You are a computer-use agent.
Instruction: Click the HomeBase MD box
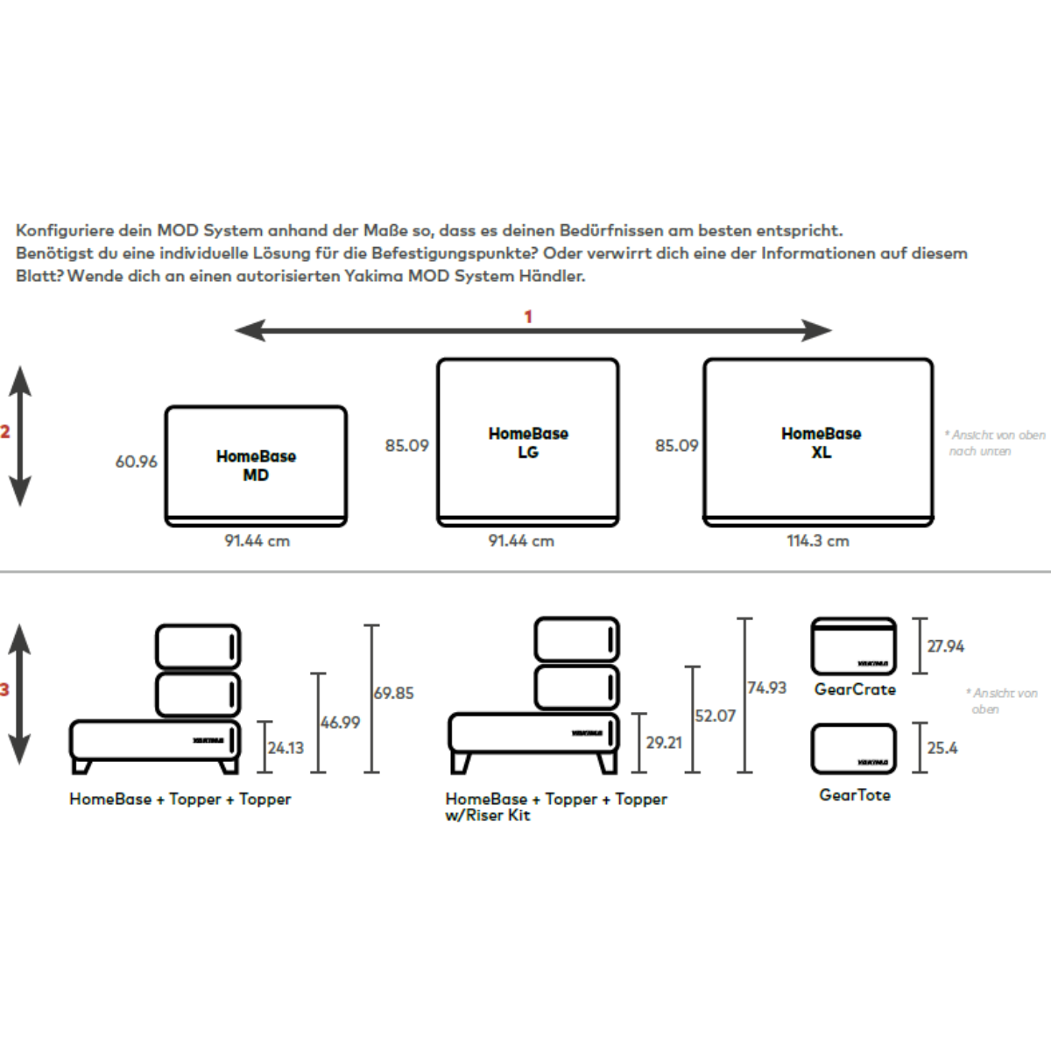tap(256, 465)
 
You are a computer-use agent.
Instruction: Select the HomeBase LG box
tap(528, 441)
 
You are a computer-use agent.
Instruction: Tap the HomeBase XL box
tap(819, 441)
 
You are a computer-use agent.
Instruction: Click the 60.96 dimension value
tap(137, 462)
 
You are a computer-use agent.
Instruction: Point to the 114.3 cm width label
tap(817, 541)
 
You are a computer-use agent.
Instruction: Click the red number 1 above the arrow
tap(528, 316)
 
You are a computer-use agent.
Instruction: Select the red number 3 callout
tap(4, 690)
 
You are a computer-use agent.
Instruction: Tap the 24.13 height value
tap(286, 748)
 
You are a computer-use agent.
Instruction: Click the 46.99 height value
tap(340, 723)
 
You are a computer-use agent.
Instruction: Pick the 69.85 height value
tap(393, 693)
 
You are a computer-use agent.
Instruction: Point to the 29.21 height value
tap(663, 743)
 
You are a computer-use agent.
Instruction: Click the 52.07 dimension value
tap(715, 716)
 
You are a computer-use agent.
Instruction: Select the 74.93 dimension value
tap(766, 688)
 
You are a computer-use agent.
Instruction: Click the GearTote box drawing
tap(853, 749)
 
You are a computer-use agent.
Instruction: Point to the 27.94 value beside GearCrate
tap(945, 646)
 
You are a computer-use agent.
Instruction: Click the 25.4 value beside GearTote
tap(942, 748)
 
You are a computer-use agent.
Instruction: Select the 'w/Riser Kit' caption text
tap(488, 815)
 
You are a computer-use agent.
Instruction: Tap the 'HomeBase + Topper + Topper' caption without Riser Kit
tap(180, 799)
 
